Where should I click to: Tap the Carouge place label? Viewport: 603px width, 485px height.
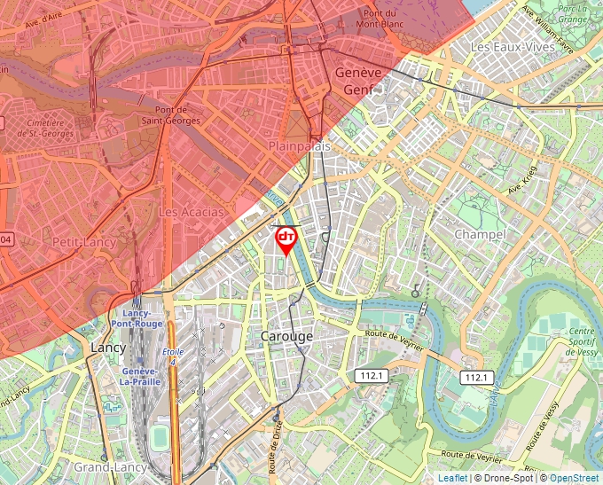(x=286, y=337)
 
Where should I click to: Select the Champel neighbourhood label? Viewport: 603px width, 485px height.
(x=479, y=234)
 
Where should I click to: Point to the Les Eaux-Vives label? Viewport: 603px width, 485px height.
(x=505, y=46)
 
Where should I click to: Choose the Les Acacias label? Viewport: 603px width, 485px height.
(x=191, y=213)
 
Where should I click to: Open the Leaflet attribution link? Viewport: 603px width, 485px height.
(x=452, y=478)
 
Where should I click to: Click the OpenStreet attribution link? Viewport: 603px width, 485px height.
(x=576, y=478)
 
